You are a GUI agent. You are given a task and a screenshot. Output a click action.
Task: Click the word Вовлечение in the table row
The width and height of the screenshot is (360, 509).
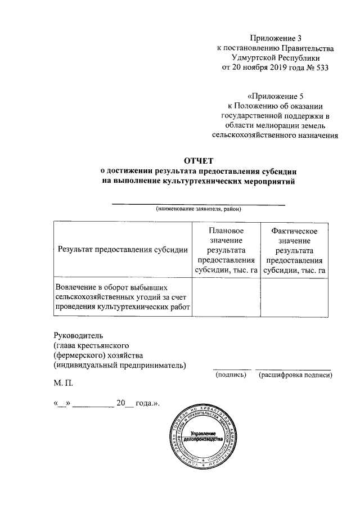[x=75, y=286]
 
